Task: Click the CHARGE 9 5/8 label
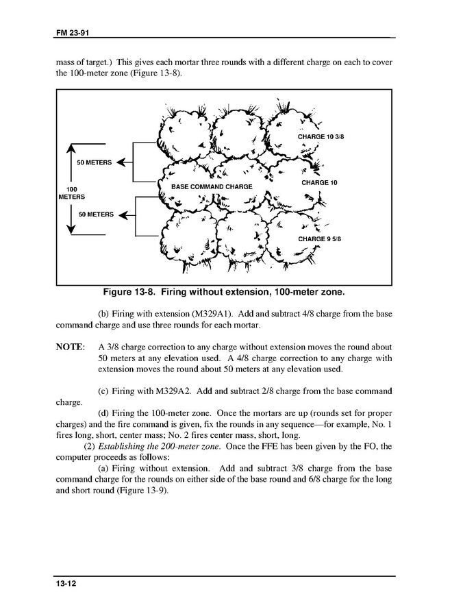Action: click(319, 238)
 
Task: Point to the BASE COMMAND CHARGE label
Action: click(212, 186)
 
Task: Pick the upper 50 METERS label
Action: click(95, 162)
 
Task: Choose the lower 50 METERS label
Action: click(96, 214)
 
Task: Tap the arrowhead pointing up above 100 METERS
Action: click(72, 148)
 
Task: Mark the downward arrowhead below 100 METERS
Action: click(72, 230)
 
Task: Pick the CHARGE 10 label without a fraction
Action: click(319, 183)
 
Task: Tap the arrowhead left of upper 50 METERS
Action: click(122, 162)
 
